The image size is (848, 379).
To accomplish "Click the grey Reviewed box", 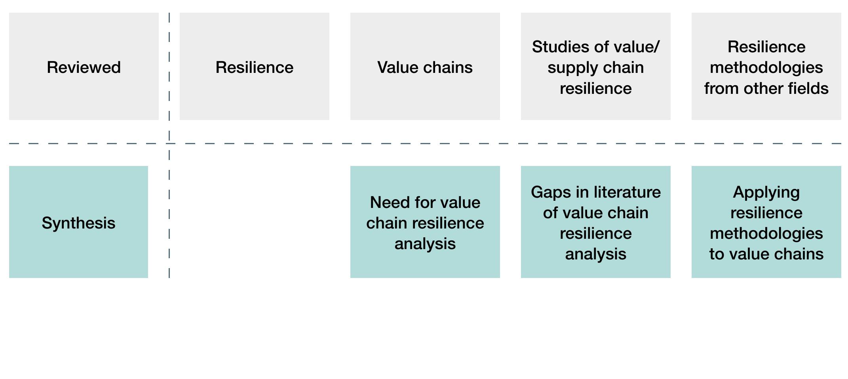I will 84,66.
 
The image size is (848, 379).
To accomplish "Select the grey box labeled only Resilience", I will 254,66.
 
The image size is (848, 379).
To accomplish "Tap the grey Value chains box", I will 425,66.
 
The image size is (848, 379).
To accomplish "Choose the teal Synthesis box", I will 78,222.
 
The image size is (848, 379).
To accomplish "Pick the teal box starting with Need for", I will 425,222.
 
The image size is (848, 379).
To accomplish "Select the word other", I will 764,88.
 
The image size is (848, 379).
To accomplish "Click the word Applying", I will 766,192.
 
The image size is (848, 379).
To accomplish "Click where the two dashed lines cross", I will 169,143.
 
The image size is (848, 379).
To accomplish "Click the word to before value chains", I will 716,254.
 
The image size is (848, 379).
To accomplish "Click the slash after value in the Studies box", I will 657,47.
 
